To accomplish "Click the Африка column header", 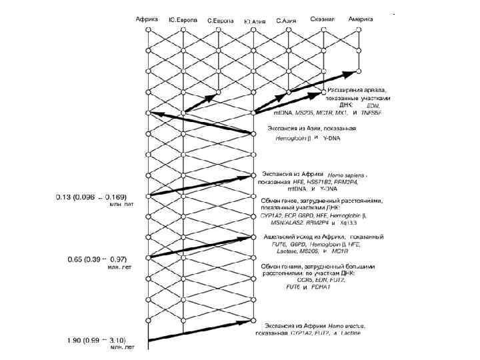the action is click(x=146, y=19).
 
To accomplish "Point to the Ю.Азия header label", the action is click(x=254, y=22).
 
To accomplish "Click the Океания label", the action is click(x=323, y=19).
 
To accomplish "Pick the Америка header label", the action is click(x=361, y=19).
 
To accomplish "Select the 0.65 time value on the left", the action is click(x=65, y=258).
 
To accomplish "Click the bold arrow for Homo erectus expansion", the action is click(x=200, y=332).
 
